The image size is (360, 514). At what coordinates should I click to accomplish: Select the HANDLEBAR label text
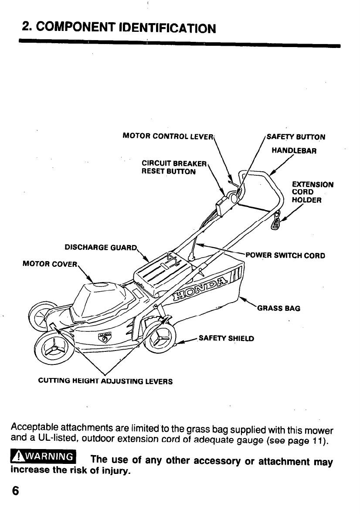click(x=294, y=151)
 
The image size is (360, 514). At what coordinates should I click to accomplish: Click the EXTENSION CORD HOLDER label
click(x=312, y=192)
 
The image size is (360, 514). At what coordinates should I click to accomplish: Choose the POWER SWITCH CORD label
click(x=285, y=255)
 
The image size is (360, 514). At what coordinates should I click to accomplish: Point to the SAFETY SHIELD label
click(x=226, y=338)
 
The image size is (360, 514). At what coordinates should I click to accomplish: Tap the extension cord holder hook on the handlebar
click(x=275, y=223)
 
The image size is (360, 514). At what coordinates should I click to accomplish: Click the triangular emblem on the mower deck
click(x=105, y=338)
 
